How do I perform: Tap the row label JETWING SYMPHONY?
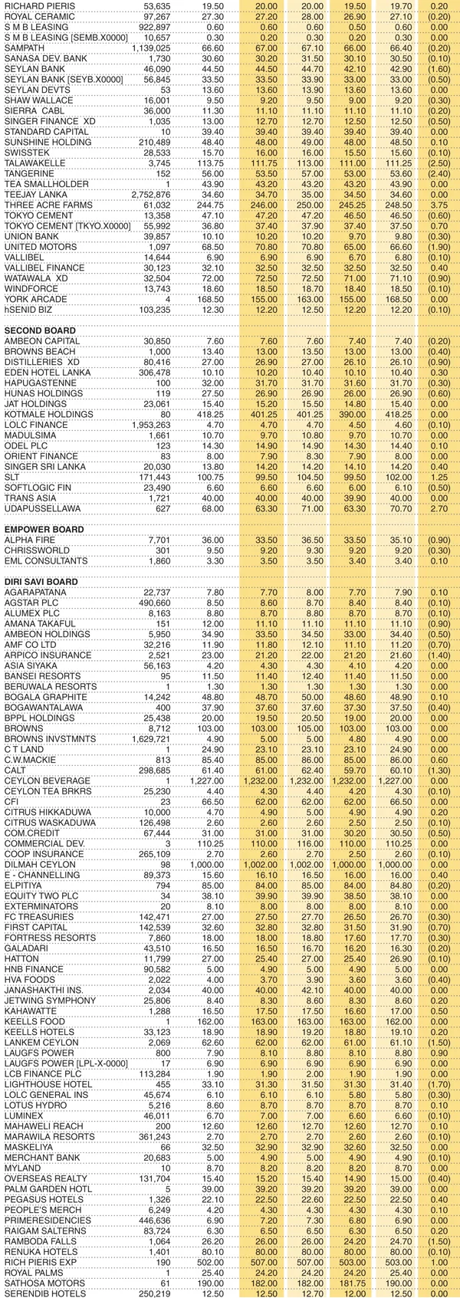(x=44, y=1001)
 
